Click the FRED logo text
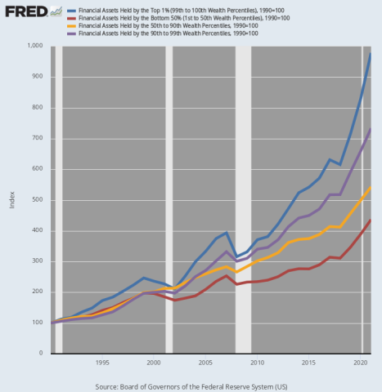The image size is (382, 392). [x=26, y=11]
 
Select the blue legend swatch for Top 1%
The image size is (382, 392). [x=71, y=11]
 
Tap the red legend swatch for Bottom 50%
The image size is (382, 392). [x=71, y=19]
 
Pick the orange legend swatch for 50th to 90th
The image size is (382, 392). [x=71, y=26]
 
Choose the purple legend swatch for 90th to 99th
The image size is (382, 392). [x=71, y=33]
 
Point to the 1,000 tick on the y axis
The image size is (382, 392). [x=35, y=46]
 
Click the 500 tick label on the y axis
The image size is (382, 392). [x=38, y=199]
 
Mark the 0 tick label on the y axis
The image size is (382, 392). [x=41, y=353]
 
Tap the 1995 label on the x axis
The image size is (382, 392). [x=102, y=363]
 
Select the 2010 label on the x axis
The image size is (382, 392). [x=257, y=363]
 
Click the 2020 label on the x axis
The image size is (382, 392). [x=361, y=363]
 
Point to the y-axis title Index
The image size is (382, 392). [x=11, y=200]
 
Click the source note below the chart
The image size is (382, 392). [x=191, y=387]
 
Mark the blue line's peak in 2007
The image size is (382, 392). [x=226, y=233]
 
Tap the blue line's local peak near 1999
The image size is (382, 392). [x=144, y=278]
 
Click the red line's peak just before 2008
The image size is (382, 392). [x=226, y=276]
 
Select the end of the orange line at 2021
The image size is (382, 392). [x=370, y=188]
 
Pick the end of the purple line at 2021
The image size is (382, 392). [x=370, y=129]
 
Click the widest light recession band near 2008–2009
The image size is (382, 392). [x=243, y=200]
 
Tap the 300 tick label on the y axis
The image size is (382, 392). [x=38, y=261]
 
